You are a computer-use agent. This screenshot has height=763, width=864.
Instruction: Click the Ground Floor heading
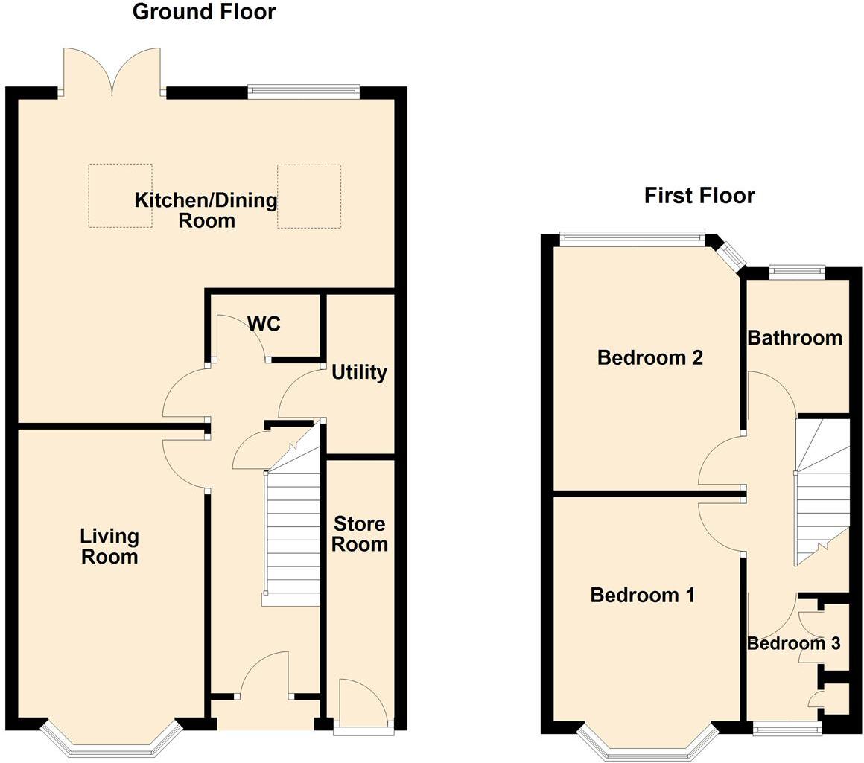[203, 12]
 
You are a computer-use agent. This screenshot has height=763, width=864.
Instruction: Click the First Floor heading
[699, 195]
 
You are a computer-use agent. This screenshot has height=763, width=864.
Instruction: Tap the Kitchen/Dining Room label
[206, 210]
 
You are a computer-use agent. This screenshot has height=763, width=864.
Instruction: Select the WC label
[264, 324]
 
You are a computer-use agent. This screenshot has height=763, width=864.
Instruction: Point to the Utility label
[359, 371]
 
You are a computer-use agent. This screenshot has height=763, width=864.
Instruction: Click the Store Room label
[359, 533]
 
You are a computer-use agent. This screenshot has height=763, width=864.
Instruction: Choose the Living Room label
[109, 546]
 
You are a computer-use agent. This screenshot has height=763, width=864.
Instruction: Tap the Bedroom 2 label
[650, 357]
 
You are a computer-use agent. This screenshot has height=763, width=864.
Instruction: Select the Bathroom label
[795, 337]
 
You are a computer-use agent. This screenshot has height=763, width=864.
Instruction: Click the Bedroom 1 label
[642, 595]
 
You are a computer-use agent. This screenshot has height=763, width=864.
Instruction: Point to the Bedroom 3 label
[794, 643]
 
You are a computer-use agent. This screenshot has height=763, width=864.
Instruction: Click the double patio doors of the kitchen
[112, 73]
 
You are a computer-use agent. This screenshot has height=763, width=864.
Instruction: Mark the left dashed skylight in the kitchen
[120, 196]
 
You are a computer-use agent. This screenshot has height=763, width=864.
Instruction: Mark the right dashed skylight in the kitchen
[309, 197]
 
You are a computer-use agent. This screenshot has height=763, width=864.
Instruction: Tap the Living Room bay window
[111, 741]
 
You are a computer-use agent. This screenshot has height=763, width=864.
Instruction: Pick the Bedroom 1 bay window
[647, 744]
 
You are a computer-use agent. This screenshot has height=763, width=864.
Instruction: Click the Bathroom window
[797, 272]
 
